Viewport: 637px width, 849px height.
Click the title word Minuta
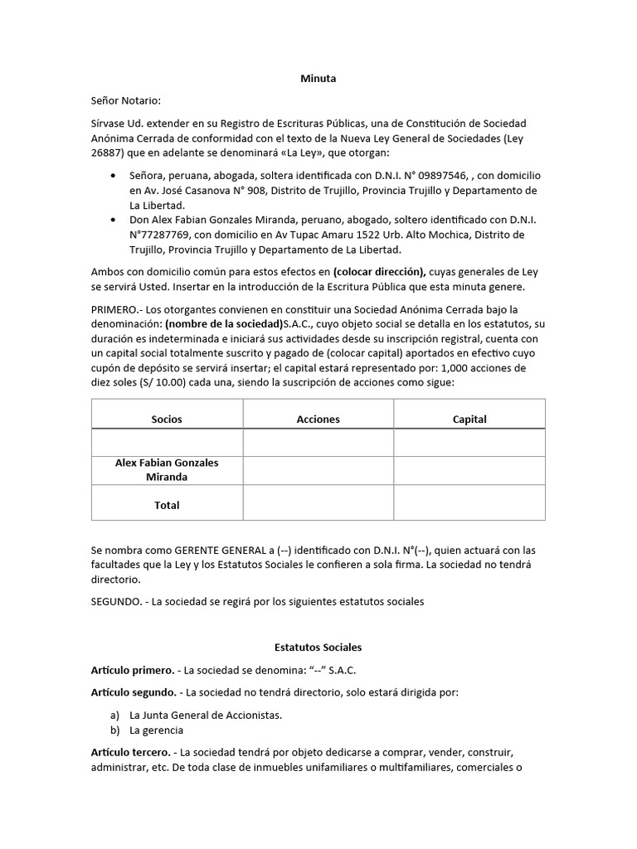tap(318, 79)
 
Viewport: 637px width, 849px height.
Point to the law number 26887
tap(108, 153)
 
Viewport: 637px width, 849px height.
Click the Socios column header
tap(167, 419)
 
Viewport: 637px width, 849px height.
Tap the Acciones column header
tap(318, 419)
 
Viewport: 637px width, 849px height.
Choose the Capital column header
tap(469, 419)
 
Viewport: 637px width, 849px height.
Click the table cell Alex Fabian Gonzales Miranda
tap(167, 469)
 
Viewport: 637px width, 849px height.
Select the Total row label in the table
tap(167, 504)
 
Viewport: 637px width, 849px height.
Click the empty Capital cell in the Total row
tap(469, 503)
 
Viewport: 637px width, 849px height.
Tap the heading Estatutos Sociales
tap(318, 647)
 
